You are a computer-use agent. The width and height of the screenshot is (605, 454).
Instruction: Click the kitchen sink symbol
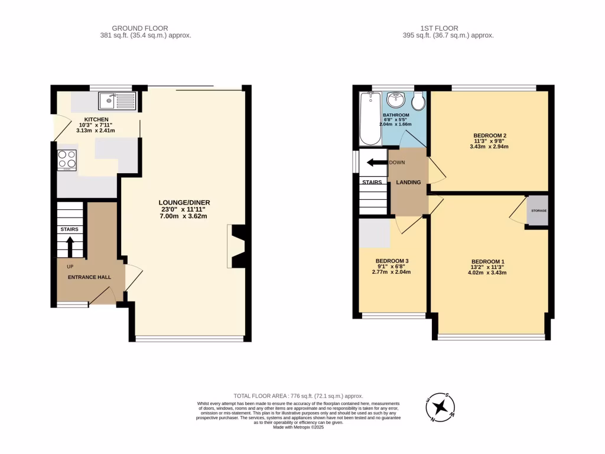click(x=117, y=101)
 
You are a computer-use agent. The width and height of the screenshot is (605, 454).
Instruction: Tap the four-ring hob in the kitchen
click(x=67, y=160)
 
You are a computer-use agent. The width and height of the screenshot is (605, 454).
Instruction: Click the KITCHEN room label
click(x=96, y=119)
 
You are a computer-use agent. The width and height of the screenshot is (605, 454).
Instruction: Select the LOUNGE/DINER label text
click(x=184, y=203)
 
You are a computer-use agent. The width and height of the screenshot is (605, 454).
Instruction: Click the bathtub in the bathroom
click(x=370, y=119)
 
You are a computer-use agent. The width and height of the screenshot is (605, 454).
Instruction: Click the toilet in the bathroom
click(x=418, y=102)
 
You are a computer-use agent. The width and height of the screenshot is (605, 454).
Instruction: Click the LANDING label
click(x=408, y=183)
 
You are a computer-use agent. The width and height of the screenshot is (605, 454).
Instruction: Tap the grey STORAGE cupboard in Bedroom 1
click(x=537, y=210)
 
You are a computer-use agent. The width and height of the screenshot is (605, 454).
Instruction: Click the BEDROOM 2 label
click(x=490, y=135)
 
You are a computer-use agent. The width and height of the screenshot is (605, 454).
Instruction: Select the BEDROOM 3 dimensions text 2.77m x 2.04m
click(x=391, y=272)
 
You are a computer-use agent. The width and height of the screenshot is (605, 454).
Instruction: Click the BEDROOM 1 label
click(x=488, y=261)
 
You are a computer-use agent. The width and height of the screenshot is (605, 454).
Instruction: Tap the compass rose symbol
click(x=440, y=407)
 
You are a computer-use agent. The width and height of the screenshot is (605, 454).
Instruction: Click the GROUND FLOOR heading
click(x=140, y=28)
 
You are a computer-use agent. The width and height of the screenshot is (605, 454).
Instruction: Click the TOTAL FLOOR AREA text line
click(x=298, y=396)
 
